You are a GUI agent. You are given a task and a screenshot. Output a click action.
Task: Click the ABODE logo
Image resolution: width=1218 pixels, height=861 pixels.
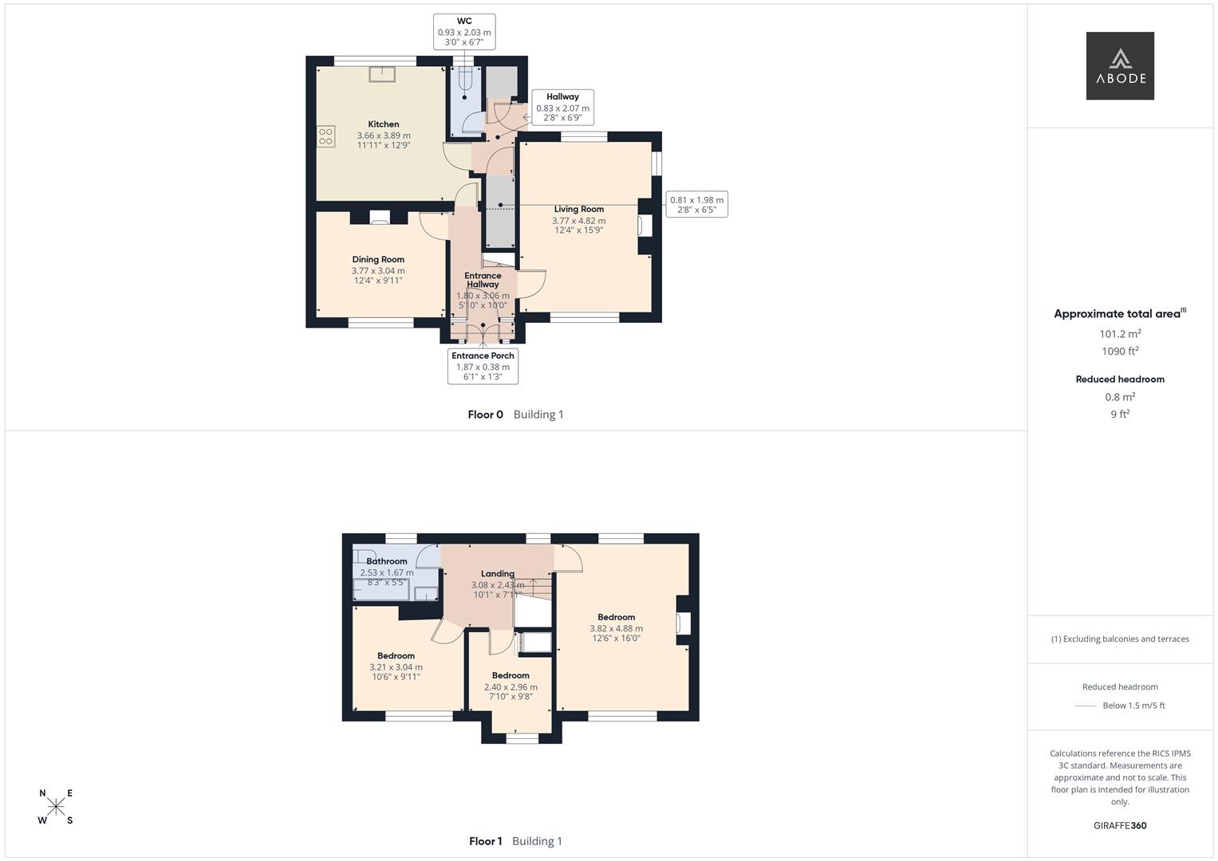pyautogui.click(x=1119, y=66)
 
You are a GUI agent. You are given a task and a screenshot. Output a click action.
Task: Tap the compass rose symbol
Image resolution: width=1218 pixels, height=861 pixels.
pyautogui.click(x=56, y=807)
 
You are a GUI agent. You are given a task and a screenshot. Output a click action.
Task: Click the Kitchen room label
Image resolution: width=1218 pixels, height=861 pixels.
pyautogui.click(x=384, y=124)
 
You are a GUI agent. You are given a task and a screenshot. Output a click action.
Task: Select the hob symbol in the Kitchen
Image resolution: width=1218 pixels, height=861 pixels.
pyautogui.click(x=325, y=136)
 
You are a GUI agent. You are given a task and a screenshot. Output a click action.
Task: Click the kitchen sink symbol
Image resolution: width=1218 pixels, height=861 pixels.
pyautogui.click(x=382, y=73)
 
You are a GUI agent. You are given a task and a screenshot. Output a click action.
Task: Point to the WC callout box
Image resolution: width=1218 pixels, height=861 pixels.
pyautogui.click(x=464, y=32)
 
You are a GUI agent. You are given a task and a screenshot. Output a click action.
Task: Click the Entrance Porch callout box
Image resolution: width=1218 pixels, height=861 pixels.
pyautogui.click(x=483, y=366)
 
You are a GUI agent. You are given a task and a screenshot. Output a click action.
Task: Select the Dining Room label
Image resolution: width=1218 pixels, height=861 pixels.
pyautogui.click(x=378, y=259)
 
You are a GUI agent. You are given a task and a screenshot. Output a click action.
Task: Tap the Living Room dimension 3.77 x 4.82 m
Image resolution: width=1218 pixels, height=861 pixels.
pyautogui.click(x=578, y=221)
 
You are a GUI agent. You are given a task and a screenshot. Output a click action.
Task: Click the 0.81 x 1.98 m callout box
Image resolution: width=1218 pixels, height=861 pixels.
pyautogui.click(x=696, y=205)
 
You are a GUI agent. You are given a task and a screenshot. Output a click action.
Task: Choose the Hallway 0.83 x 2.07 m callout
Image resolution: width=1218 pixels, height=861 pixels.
pyautogui.click(x=562, y=107)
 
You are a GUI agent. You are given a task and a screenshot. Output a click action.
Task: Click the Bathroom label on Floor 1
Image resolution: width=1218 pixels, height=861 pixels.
pyautogui.click(x=387, y=561)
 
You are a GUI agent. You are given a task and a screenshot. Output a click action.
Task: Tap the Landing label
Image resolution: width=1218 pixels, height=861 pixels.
pyautogui.click(x=497, y=573)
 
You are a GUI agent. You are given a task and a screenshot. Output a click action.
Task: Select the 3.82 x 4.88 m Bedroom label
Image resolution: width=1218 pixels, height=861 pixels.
pyautogui.click(x=616, y=628)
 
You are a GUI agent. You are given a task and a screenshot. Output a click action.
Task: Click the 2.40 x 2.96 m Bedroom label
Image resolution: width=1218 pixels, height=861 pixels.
pyautogui.click(x=510, y=687)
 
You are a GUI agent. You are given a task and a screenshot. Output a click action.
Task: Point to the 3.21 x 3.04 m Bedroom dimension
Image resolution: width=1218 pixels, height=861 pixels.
pyautogui.click(x=396, y=667)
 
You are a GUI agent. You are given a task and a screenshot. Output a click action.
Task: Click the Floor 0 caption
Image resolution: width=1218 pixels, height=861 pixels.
pyautogui.click(x=485, y=415)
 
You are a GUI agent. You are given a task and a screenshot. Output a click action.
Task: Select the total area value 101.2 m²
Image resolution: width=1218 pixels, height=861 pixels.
pyautogui.click(x=1119, y=334)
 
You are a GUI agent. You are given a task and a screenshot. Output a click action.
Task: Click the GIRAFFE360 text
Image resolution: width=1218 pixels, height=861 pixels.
pyautogui.click(x=1119, y=826)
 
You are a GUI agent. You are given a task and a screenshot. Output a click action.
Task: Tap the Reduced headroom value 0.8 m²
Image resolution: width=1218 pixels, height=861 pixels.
pyautogui.click(x=1119, y=397)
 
